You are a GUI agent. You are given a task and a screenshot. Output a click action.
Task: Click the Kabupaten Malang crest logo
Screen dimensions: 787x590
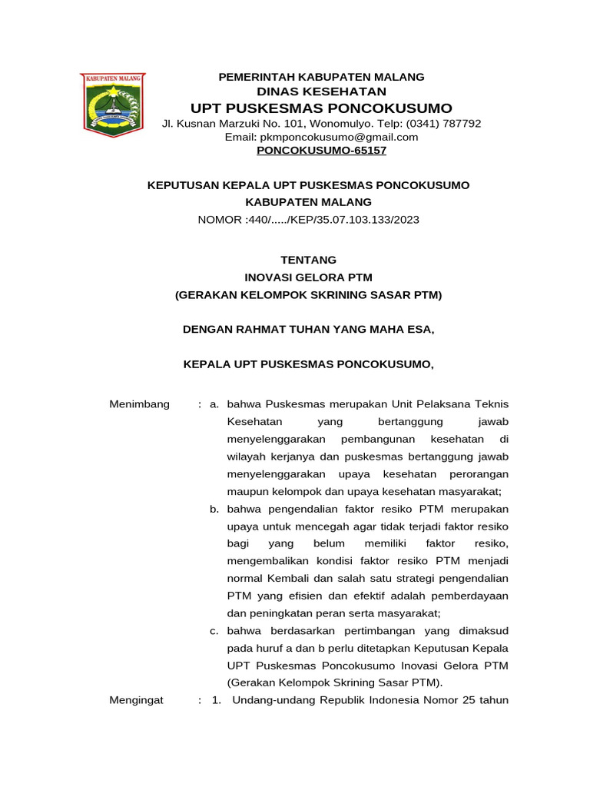click(x=114, y=105)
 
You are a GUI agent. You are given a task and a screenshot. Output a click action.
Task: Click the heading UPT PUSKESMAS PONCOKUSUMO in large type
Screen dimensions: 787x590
click(x=321, y=108)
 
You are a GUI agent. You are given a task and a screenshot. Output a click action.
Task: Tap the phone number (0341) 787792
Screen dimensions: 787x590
click(x=444, y=123)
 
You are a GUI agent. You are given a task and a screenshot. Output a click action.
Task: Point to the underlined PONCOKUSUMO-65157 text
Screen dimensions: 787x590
click(x=321, y=151)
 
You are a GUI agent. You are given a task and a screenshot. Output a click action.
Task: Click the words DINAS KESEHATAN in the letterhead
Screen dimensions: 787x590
click(x=321, y=91)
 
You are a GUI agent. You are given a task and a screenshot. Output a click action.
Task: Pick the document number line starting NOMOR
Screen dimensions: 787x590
click(x=308, y=219)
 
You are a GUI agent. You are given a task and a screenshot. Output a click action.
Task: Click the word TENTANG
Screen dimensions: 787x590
click(x=308, y=260)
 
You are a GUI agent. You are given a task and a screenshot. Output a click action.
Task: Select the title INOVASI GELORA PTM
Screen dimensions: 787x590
click(x=308, y=277)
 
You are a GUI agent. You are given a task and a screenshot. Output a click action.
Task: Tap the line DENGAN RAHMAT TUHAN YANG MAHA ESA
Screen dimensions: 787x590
click(x=308, y=329)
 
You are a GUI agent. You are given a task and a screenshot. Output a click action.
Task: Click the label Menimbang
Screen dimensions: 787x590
click(x=139, y=404)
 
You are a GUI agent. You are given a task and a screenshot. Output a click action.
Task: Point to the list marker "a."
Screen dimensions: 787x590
click(x=215, y=404)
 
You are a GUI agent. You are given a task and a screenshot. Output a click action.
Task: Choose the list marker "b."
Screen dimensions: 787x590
click(x=215, y=509)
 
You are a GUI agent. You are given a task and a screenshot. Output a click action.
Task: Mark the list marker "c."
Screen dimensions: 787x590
click(x=215, y=630)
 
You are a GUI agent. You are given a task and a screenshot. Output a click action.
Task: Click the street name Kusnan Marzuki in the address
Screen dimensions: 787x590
click(x=213, y=123)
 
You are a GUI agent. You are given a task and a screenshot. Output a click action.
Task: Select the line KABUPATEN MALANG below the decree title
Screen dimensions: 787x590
click(x=308, y=202)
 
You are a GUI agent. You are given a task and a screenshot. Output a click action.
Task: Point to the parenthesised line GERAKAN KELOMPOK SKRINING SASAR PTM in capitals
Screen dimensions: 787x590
click(x=308, y=294)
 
